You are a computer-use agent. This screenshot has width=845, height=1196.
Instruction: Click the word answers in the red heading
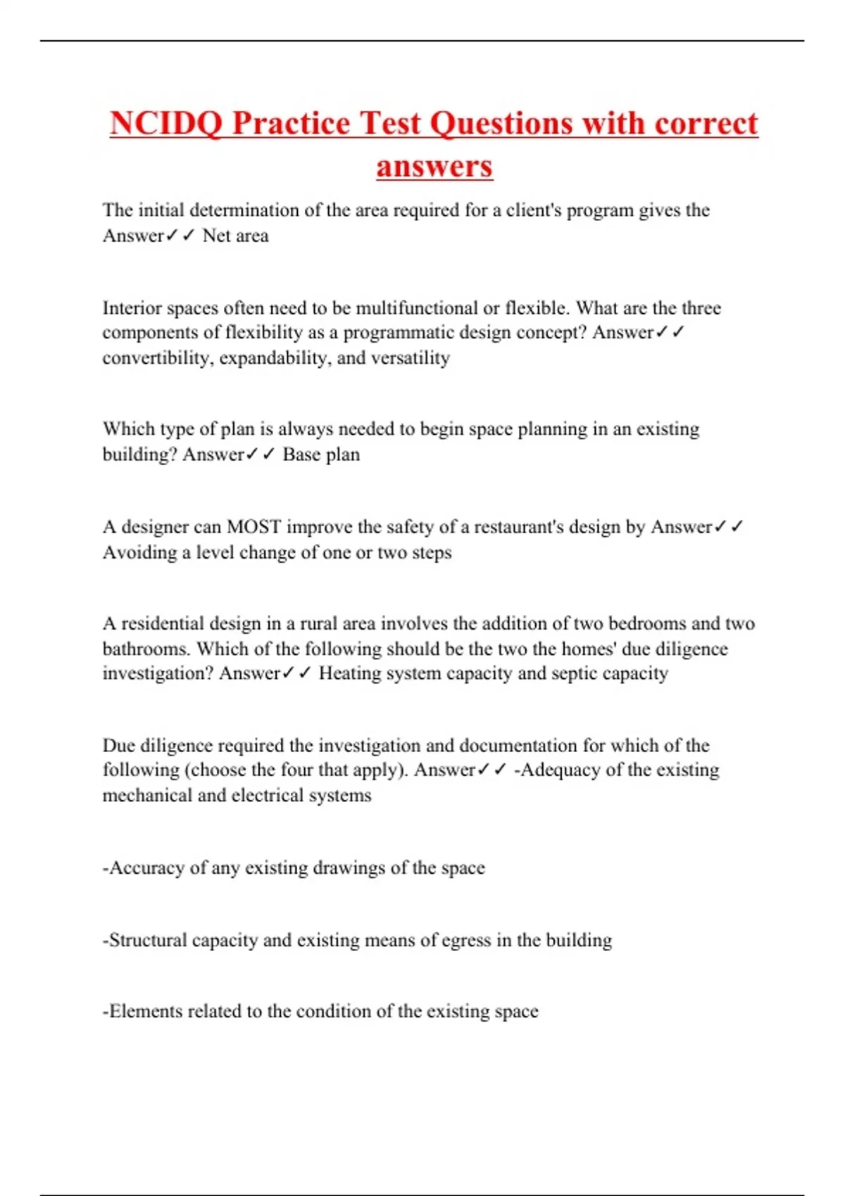pos(434,167)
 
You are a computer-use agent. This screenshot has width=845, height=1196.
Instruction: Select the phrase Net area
pos(235,236)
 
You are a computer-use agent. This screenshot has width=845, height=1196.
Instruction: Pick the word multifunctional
pos(416,308)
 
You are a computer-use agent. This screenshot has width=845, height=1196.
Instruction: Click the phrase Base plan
pos(321,454)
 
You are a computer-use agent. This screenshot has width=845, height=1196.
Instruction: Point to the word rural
pos(318,623)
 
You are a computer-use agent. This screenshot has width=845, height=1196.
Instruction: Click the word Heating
pos(349,673)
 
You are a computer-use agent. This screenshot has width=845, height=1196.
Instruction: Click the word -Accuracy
pos(144,868)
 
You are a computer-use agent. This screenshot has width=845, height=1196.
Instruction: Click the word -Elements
pos(142,1012)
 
